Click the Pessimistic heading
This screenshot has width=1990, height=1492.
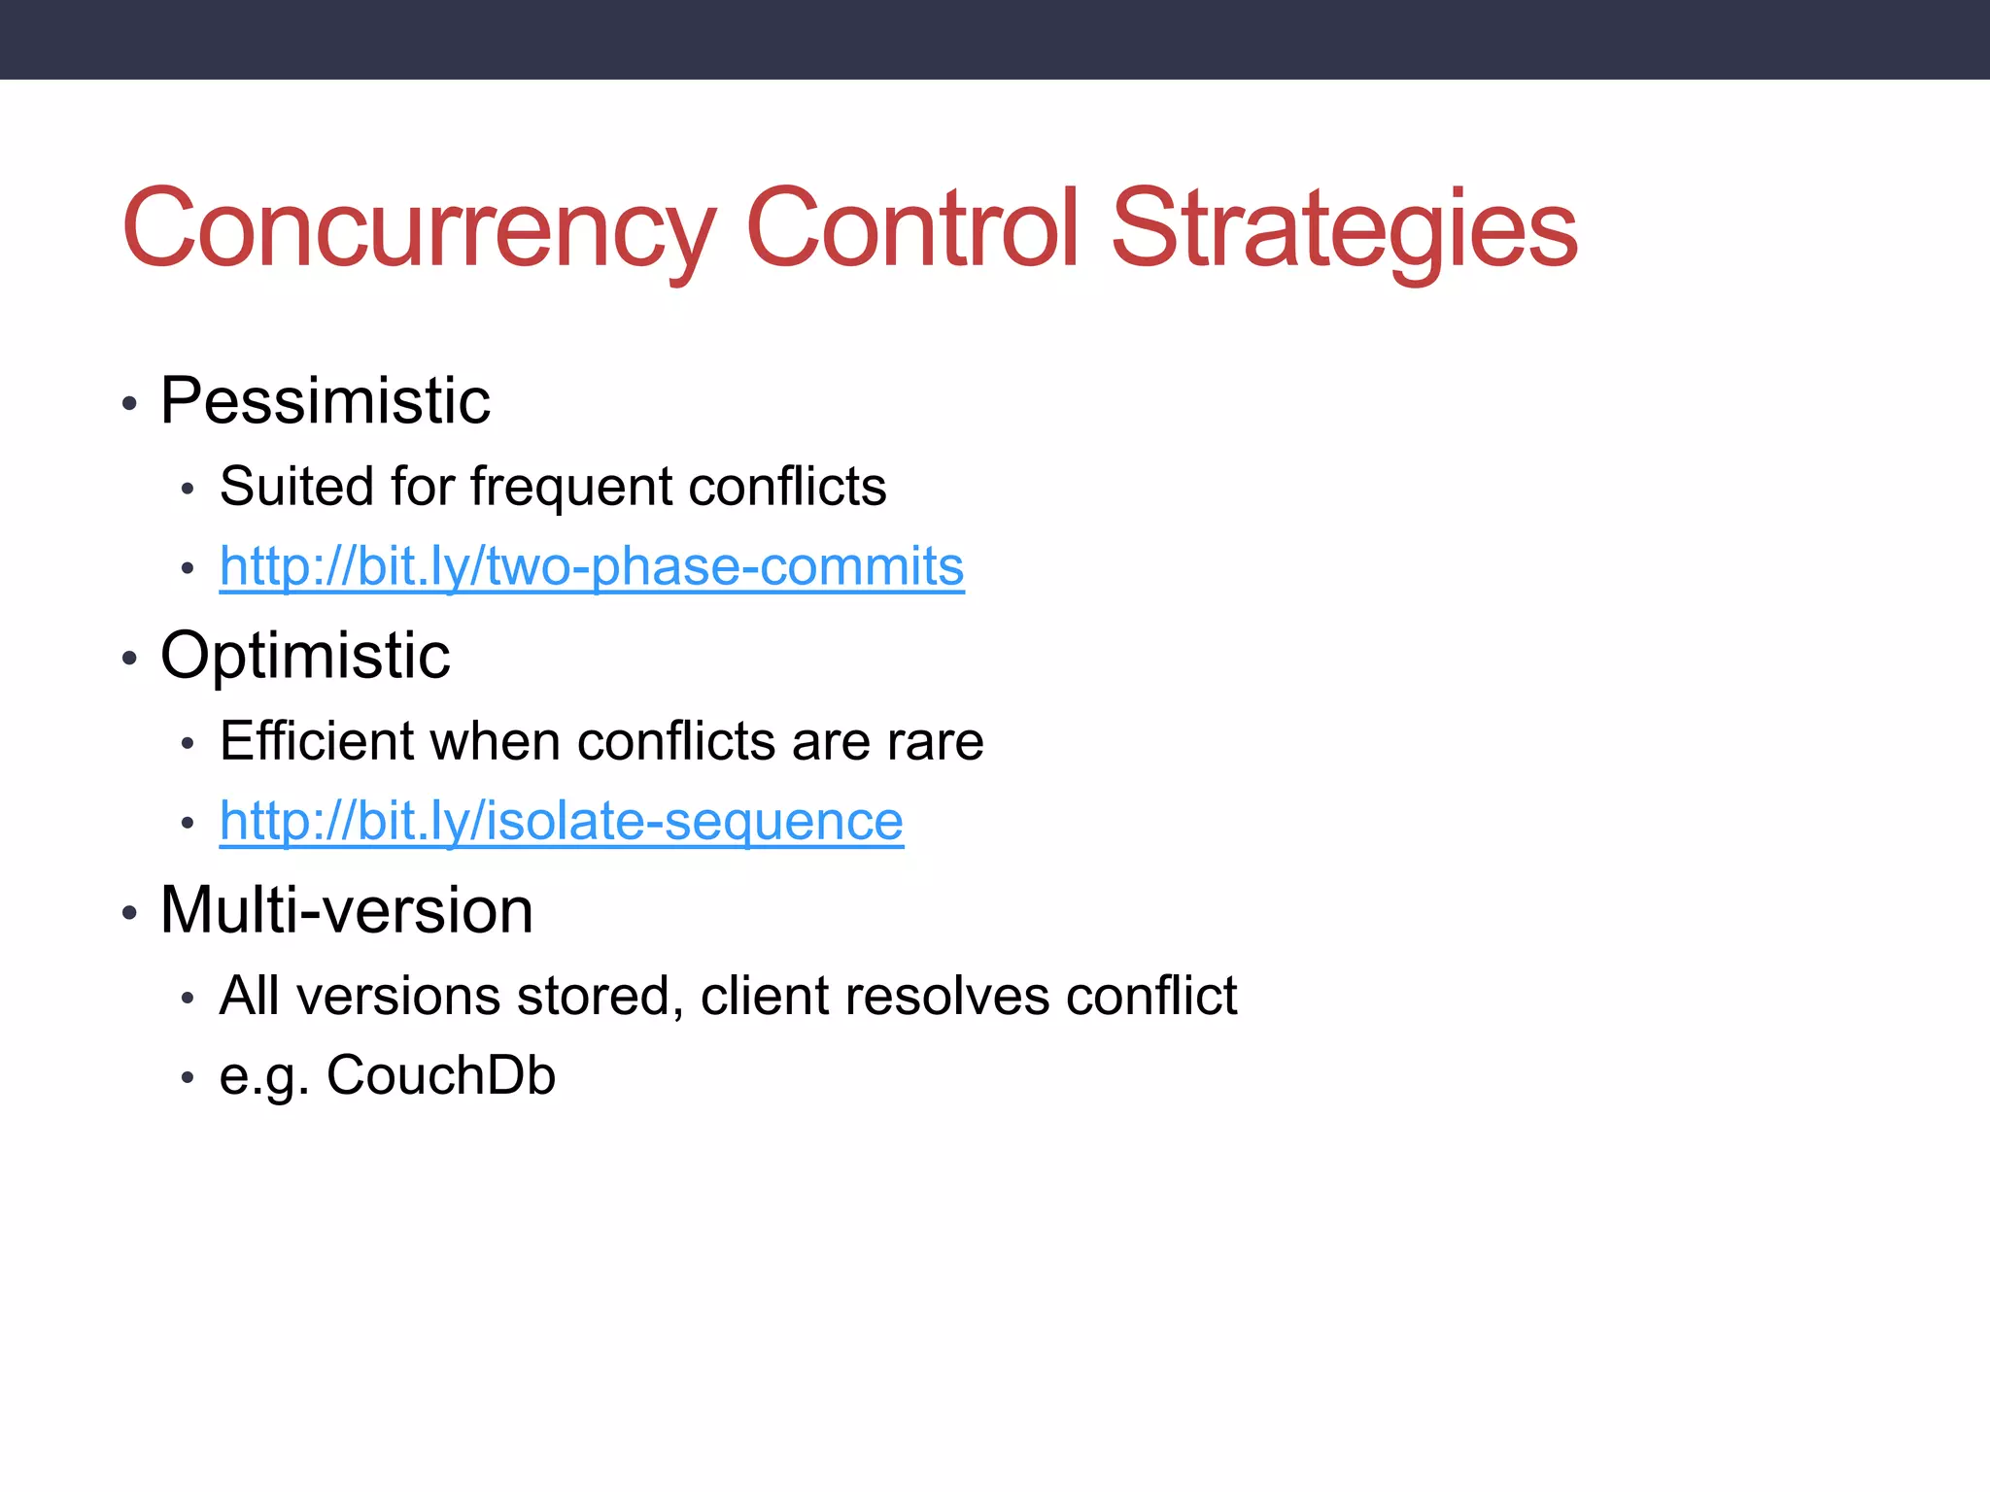pyautogui.click(x=325, y=400)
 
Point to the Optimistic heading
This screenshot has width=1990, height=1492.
pyautogui.click(x=305, y=656)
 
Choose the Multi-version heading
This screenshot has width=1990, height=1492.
pyautogui.click(x=346, y=910)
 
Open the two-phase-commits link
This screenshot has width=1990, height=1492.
pyautogui.click(x=592, y=566)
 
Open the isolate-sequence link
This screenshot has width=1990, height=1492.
pyautogui.click(x=562, y=822)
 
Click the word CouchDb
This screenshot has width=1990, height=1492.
pyautogui.click(x=440, y=1076)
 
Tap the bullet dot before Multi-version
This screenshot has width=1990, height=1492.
pyautogui.click(x=129, y=914)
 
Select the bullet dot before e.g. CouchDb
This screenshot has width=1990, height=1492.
pyautogui.click(x=188, y=1078)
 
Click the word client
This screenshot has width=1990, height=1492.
pyautogui.click(x=764, y=997)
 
